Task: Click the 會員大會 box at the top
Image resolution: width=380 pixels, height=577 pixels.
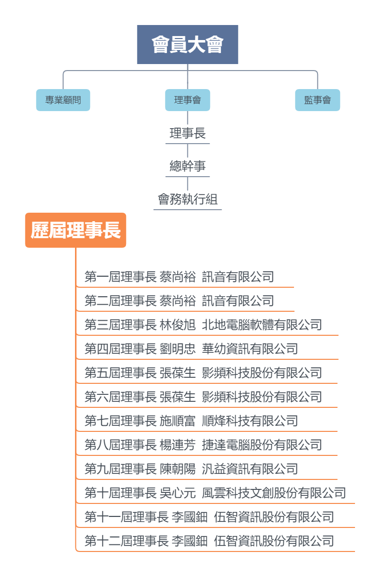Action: point(187,45)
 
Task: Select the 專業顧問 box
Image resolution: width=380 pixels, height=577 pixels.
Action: point(63,100)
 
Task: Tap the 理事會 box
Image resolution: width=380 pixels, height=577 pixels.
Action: point(187,100)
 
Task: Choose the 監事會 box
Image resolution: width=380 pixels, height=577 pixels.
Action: point(317,100)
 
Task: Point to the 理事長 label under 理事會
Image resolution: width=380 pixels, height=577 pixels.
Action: point(187,134)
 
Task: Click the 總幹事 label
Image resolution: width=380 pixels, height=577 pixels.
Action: point(187,166)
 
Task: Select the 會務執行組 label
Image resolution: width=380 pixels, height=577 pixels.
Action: point(187,200)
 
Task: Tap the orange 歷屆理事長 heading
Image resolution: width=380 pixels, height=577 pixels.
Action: point(75,230)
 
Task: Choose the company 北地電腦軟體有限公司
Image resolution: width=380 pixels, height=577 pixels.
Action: point(261,325)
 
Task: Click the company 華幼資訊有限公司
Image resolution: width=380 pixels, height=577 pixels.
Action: point(249,349)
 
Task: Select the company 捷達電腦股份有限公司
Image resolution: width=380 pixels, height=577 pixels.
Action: point(261,445)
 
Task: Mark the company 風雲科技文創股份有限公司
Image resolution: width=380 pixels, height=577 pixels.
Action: point(273,493)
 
